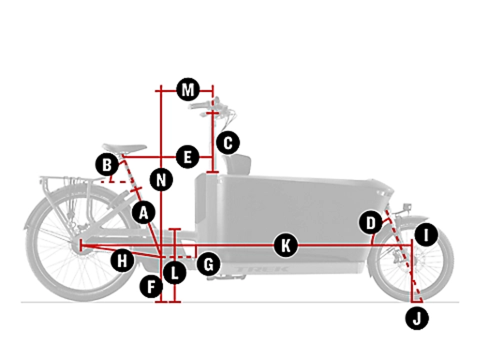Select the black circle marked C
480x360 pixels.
(227, 143)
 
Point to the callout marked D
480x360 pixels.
(371, 224)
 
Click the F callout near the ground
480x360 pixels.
(151, 286)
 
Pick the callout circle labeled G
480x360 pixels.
(208, 264)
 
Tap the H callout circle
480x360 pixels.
(122, 260)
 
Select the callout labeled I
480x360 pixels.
(426, 234)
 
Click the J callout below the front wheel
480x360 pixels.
(417, 317)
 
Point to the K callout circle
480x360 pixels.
(286, 245)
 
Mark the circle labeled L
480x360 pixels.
(175, 274)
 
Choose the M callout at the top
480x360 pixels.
(188, 91)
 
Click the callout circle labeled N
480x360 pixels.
(161, 179)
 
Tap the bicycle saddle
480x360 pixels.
(124, 148)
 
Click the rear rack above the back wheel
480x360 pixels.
(66, 180)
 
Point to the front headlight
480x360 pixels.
(406, 207)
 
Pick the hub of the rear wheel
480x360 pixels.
(80, 245)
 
